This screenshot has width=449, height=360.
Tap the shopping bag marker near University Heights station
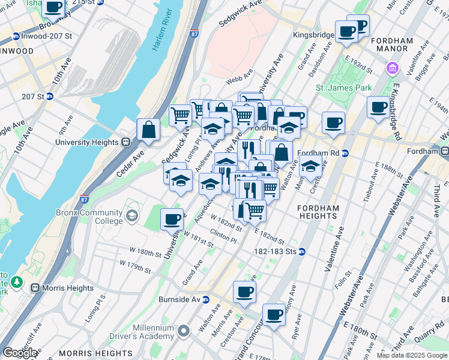pyautogui.click(x=148, y=130)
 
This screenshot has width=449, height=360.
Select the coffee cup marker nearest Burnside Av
pyautogui.click(x=244, y=292)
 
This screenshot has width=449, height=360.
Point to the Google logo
pyautogui.click(x=20, y=353)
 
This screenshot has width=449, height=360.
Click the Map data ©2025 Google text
pyautogui.click(x=412, y=355)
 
